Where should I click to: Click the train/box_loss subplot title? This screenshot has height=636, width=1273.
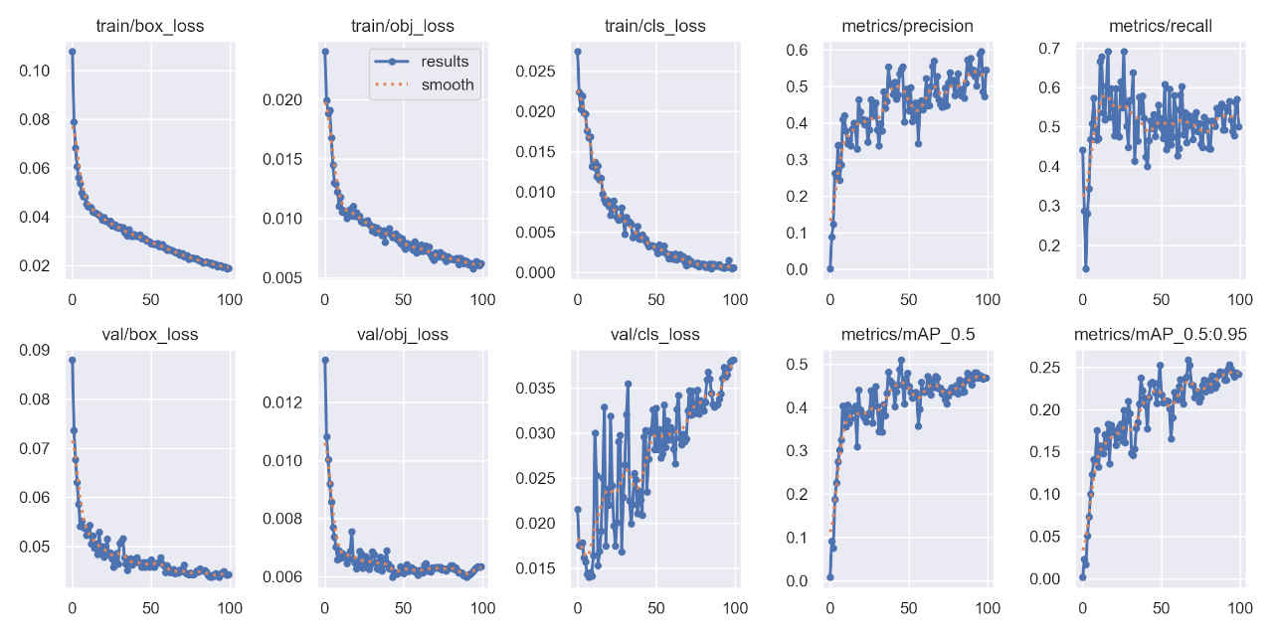[x=150, y=26]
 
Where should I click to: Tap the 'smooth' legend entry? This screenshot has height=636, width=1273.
[x=448, y=85]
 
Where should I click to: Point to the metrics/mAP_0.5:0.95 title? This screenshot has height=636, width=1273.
[x=1161, y=334]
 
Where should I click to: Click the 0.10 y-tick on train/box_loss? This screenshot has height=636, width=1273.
[x=35, y=71]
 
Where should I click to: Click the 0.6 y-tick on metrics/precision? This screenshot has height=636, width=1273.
[x=797, y=50]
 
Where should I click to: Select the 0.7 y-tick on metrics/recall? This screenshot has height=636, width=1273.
[x=1049, y=48]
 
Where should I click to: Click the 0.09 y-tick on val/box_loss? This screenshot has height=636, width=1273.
[x=35, y=350]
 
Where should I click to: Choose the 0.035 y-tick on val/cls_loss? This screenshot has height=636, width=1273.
[x=535, y=388]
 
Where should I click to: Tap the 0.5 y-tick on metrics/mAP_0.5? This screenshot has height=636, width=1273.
[x=797, y=364]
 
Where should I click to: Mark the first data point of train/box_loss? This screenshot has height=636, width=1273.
[x=72, y=51]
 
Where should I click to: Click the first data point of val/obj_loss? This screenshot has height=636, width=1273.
[x=324, y=360]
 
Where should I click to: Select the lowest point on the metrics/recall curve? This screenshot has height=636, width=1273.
[x=1086, y=268]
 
